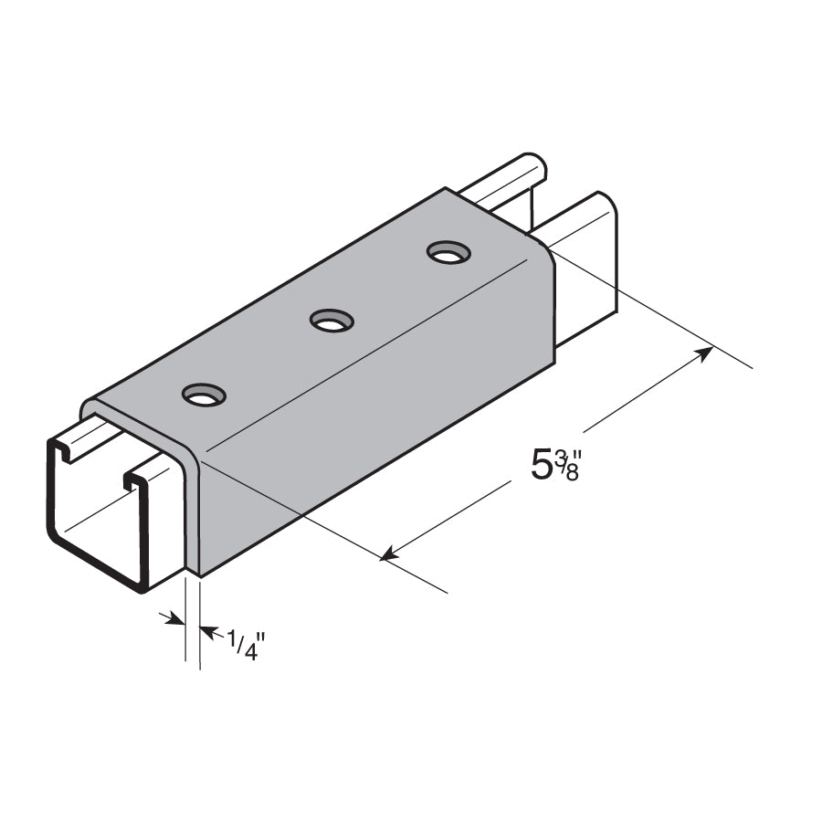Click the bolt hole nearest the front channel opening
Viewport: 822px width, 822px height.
click(x=204, y=395)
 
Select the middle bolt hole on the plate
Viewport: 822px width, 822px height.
click(x=332, y=321)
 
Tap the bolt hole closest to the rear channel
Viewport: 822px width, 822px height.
click(x=446, y=251)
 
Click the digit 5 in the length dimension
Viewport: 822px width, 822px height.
click(x=543, y=465)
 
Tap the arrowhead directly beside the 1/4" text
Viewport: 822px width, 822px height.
click(x=207, y=630)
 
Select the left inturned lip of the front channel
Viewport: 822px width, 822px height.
click(x=61, y=451)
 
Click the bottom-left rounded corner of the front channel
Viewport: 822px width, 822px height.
click(x=57, y=539)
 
